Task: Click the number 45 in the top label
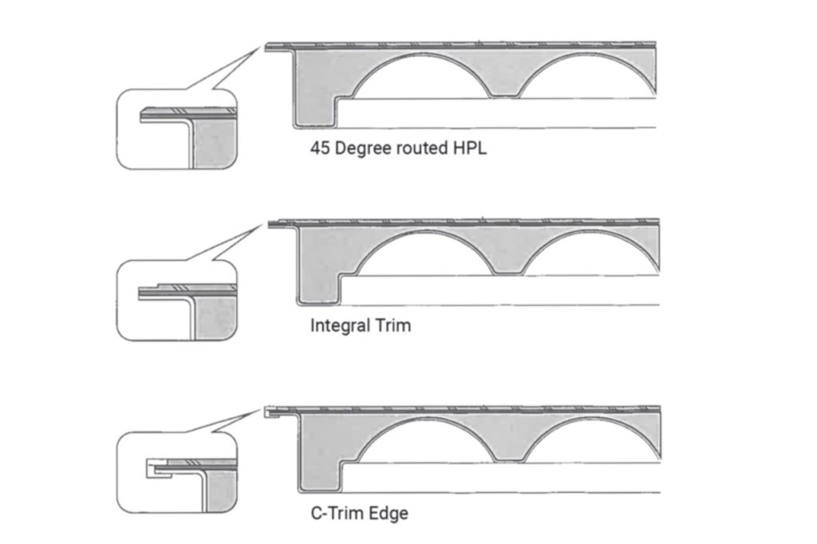[320, 148]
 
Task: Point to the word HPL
[470, 148]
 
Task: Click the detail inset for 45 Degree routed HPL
[176, 129]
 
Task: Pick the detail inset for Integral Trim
[176, 300]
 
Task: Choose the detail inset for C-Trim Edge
[176, 472]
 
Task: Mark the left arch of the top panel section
[422, 58]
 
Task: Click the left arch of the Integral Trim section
[426, 235]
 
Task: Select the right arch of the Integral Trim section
[590, 235]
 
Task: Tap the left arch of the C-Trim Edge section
[428, 423]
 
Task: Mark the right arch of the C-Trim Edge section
[593, 423]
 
